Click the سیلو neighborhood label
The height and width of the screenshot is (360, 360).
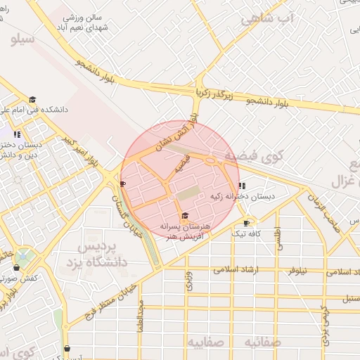pos(23,39)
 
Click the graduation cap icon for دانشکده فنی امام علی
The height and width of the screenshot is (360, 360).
pos(32,99)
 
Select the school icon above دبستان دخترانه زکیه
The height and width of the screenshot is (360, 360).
pos(242,186)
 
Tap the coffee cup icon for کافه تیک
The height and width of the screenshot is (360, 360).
pos(245,223)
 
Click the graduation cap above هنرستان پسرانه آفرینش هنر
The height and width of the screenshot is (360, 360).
pos(184,216)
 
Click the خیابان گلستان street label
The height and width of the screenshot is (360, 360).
pos(127,215)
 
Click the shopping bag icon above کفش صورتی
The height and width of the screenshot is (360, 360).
pos(16,268)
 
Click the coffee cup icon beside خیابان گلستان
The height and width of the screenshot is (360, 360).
pos(123,184)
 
